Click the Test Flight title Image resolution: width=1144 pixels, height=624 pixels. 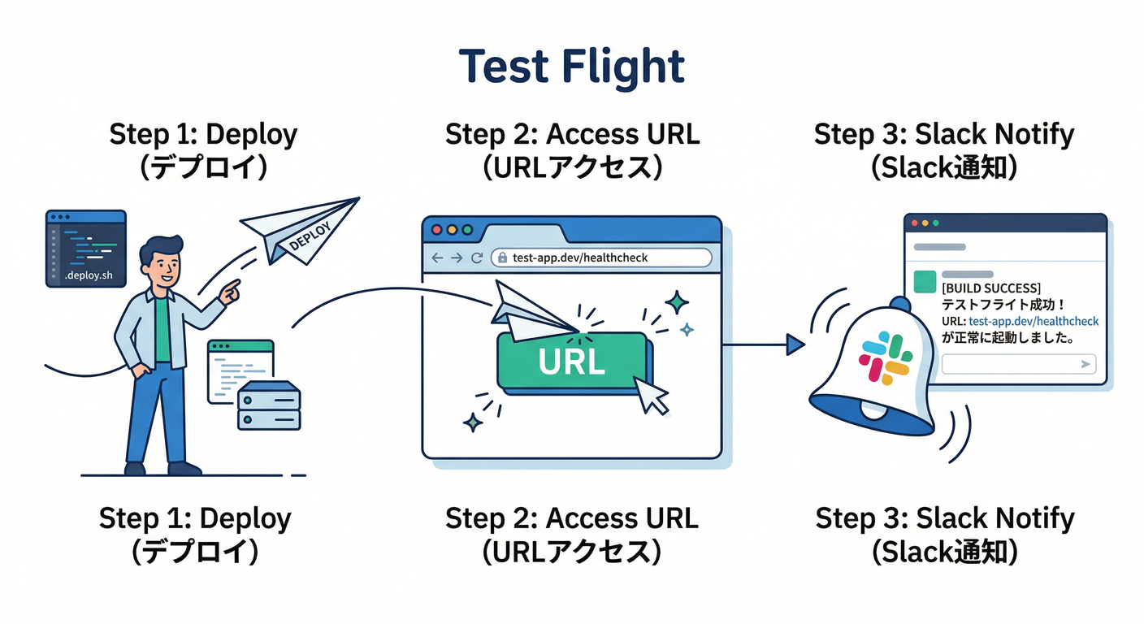click(x=571, y=67)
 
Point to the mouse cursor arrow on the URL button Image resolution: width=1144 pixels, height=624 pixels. click(x=650, y=395)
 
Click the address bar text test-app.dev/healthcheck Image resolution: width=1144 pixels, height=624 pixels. click(x=580, y=258)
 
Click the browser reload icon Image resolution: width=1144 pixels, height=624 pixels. click(x=477, y=258)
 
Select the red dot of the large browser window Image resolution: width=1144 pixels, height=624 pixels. click(x=436, y=230)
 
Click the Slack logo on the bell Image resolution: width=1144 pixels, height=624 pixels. click(x=886, y=358)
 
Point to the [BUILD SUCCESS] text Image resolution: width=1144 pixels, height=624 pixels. click(x=990, y=288)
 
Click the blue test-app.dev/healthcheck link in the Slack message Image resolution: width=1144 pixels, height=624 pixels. click(x=1033, y=322)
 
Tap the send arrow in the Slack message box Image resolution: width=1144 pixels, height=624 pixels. click(x=1085, y=365)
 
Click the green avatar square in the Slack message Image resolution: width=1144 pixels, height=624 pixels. click(x=925, y=281)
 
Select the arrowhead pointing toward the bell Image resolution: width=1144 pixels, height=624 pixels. click(x=795, y=345)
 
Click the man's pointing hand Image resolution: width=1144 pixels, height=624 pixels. click(x=230, y=291)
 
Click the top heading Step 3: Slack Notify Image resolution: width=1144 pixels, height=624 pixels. click(x=944, y=135)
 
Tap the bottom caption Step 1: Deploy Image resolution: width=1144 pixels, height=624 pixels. click(x=195, y=518)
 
